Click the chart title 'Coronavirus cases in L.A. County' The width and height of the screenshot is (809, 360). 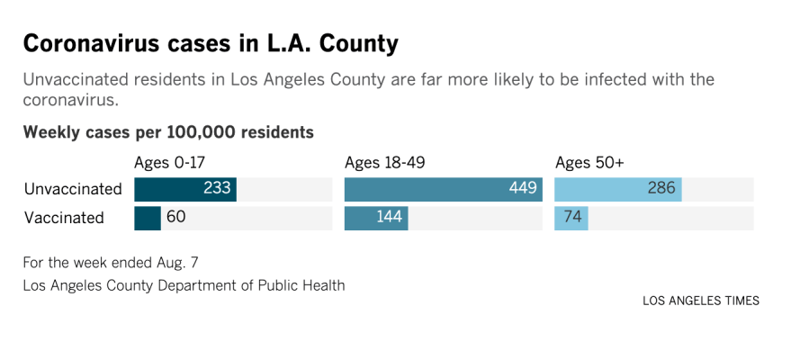point(211,43)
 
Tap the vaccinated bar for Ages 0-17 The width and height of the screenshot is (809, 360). point(147,218)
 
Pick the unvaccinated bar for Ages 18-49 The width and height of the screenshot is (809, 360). point(432,189)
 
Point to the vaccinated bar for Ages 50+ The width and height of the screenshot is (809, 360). point(571,218)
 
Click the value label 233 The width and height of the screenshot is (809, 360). point(218,189)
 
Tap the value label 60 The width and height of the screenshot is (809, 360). point(176,218)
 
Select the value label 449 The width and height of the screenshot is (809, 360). point(523,189)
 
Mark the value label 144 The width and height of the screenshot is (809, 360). point(389,218)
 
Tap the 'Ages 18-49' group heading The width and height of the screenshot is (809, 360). point(384,163)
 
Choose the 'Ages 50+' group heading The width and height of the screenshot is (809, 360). point(589,163)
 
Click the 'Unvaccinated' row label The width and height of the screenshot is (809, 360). point(73,189)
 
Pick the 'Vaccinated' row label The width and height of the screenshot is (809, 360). point(64,218)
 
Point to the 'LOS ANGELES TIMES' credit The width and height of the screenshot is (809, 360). point(700,301)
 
